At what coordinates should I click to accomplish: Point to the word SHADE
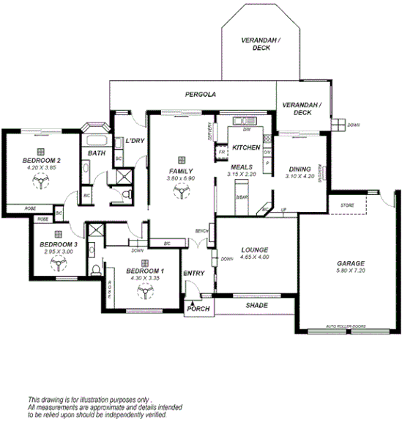256,305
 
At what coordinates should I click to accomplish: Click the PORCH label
198,309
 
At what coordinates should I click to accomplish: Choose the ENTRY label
194,274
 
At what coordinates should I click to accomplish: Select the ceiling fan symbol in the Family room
179,191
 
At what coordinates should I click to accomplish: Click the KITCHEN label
247,147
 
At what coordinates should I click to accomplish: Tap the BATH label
97,153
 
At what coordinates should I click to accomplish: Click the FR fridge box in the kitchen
222,153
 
